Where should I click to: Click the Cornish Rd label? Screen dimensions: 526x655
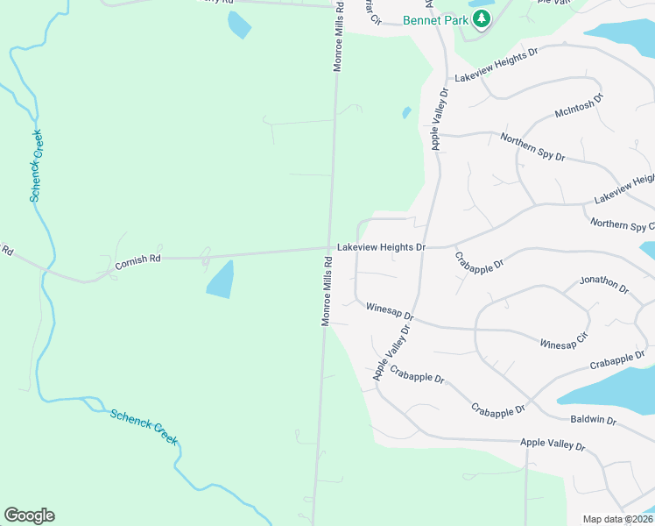138,259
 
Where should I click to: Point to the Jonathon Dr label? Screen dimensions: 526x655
604,285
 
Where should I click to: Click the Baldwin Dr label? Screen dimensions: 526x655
593,421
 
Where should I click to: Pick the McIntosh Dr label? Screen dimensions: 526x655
579,107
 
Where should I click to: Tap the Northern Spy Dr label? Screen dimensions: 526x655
532,147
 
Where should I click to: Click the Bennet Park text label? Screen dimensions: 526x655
434,19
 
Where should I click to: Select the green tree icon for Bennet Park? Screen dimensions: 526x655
480,18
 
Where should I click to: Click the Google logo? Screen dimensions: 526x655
29,515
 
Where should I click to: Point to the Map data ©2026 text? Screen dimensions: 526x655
618,519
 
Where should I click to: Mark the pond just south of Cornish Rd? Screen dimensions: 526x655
220,279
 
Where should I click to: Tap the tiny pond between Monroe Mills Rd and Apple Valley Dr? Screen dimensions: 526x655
406,112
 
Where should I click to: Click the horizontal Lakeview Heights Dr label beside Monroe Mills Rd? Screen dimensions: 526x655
381,248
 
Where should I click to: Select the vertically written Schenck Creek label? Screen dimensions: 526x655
37,166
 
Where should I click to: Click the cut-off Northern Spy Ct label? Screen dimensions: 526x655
622,224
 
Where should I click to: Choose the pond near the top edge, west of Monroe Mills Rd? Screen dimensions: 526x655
238,25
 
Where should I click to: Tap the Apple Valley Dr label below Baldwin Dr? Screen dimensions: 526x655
552,444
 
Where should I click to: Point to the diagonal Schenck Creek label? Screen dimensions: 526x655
144,426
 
